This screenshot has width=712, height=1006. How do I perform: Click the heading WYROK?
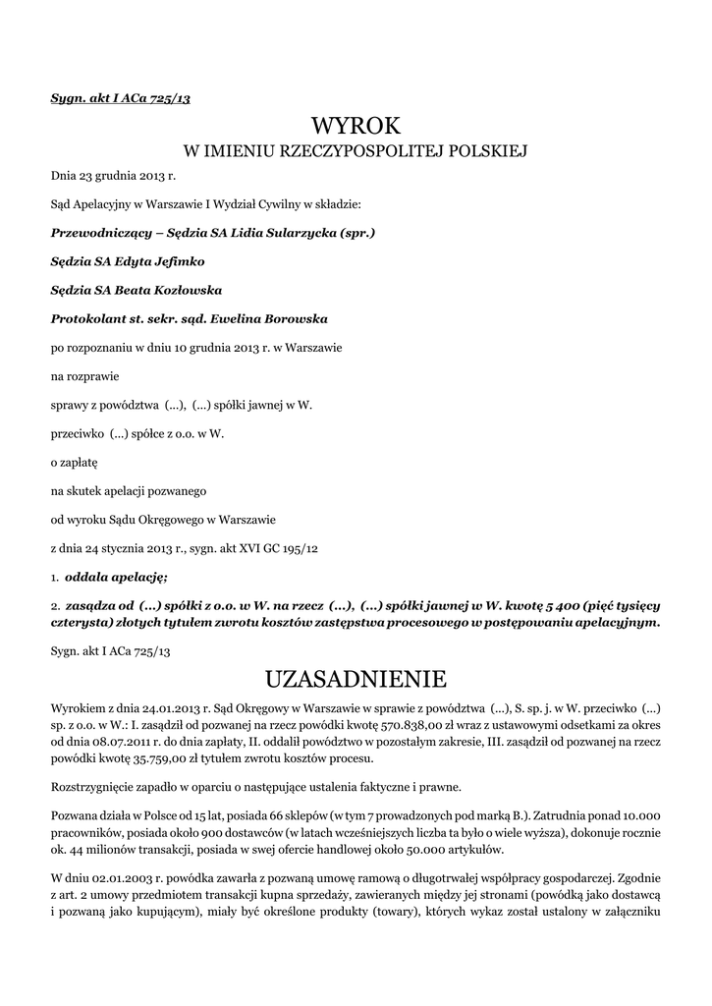click(356, 125)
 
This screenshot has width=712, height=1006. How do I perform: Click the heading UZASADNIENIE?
click(356, 679)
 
